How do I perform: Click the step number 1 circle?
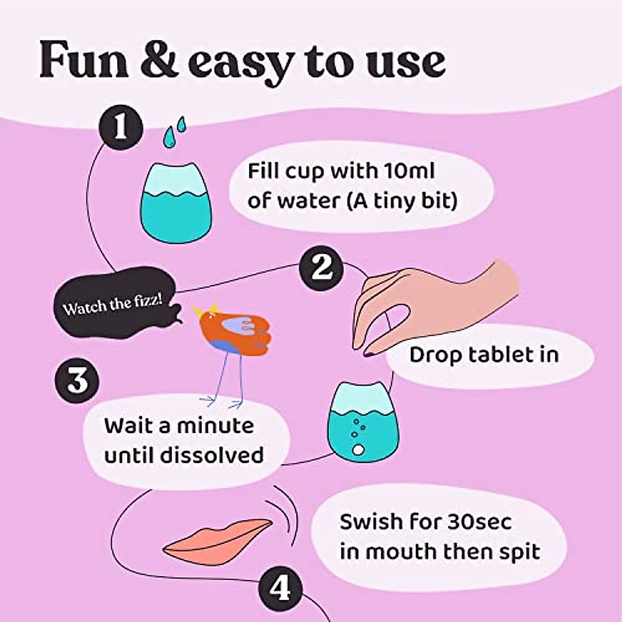[x=121, y=127]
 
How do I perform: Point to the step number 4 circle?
[x=280, y=589]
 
